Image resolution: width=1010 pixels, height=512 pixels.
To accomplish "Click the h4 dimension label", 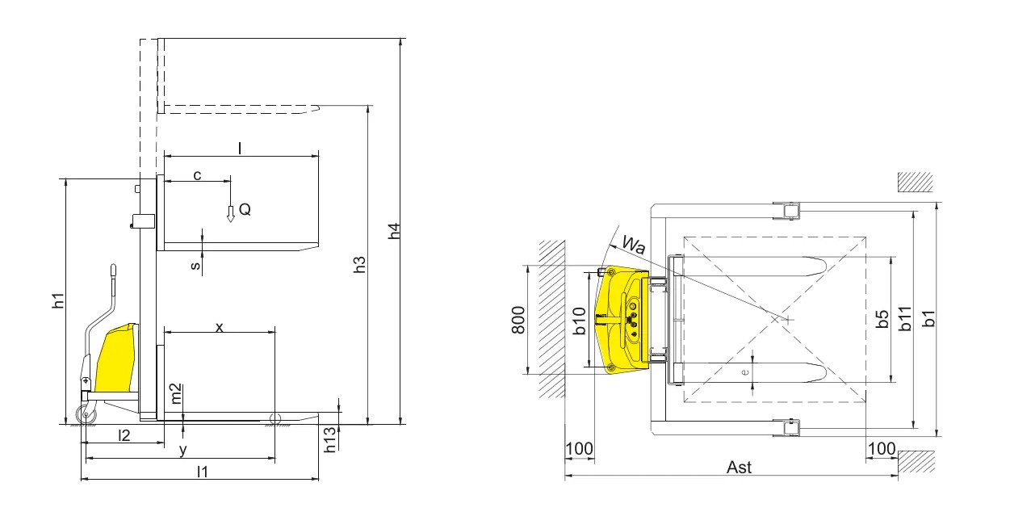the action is (x=394, y=230).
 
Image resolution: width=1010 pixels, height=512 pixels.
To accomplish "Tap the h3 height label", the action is (x=359, y=265).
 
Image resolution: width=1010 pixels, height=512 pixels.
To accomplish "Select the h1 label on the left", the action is (x=58, y=301).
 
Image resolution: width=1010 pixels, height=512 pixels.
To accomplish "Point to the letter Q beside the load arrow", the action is (x=245, y=209).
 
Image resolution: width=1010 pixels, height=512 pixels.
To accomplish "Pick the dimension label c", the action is (x=197, y=175).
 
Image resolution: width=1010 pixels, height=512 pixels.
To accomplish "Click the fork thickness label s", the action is (x=195, y=265).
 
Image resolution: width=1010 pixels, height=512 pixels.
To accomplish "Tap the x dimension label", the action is (x=219, y=327).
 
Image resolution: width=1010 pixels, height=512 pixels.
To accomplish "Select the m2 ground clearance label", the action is (x=176, y=393).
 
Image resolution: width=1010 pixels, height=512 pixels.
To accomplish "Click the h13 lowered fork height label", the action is (x=330, y=440).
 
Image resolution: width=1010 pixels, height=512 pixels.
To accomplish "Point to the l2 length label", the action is (x=124, y=435).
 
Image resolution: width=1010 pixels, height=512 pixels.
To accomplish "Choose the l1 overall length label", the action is (x=203, y=472).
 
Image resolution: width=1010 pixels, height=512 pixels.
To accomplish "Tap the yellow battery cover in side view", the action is (x=116, y=357).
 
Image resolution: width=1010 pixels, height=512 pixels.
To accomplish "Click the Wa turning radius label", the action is (x=634, y=245).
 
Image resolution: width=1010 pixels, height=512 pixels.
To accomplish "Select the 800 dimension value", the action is (x=518, y=320).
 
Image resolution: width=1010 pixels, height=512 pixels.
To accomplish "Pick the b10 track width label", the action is (x=579, y=321).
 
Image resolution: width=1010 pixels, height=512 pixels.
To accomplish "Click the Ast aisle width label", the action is (x=739, y=468).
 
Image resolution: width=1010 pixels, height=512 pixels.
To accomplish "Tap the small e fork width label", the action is (x=745, y=372).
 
